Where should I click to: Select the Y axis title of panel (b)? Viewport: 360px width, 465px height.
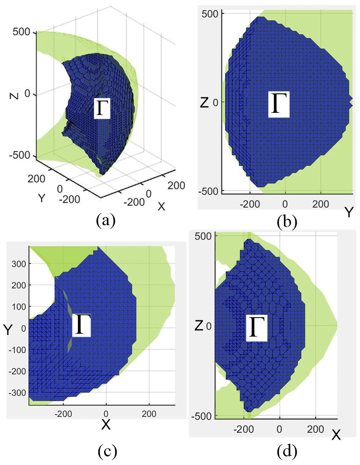click(348, 212)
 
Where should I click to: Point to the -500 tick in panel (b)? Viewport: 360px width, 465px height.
click(209, 190)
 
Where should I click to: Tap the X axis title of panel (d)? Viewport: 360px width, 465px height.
click(336, 436)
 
